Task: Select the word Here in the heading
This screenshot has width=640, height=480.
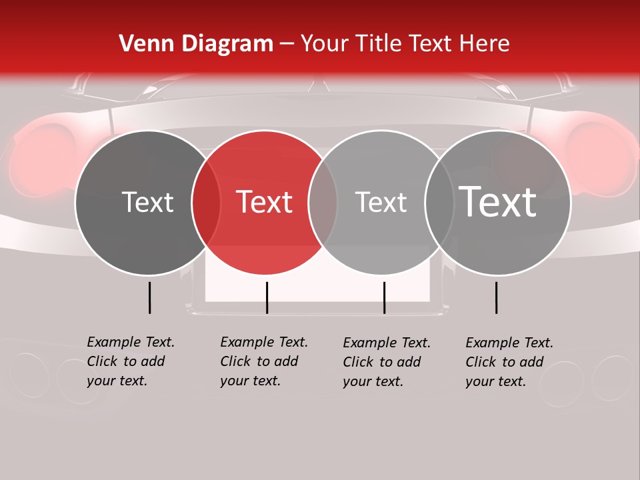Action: [484, 43]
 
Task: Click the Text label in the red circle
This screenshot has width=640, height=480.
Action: [265, 202]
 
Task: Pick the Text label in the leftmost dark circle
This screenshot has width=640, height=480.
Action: [147, 202]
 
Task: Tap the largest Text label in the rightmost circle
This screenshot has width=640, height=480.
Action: [498, 201]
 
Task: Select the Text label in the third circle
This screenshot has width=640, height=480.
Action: [381, 202]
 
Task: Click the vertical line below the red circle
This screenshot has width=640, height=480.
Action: [267, 297]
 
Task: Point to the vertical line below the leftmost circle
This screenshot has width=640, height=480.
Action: [150, 297]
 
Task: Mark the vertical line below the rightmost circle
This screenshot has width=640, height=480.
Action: [497, 297]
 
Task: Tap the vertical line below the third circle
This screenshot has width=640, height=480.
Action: [384, 297]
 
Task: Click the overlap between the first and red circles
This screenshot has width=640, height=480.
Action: [206, 203]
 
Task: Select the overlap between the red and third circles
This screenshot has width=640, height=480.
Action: [323, 203]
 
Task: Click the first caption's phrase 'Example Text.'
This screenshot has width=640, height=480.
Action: [131, 342]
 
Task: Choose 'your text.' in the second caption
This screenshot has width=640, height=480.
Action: [250, 381]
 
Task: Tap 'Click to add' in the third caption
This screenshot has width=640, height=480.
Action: [381, 362]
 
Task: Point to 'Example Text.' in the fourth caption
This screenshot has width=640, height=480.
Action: [509, 343]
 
